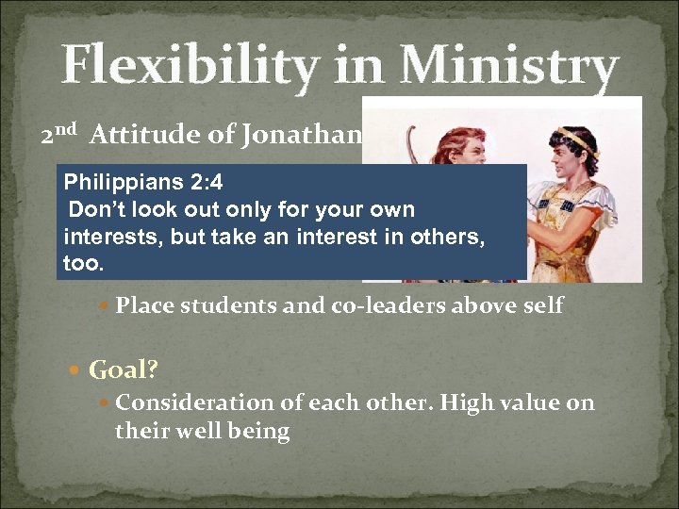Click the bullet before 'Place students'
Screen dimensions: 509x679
point(105,304)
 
